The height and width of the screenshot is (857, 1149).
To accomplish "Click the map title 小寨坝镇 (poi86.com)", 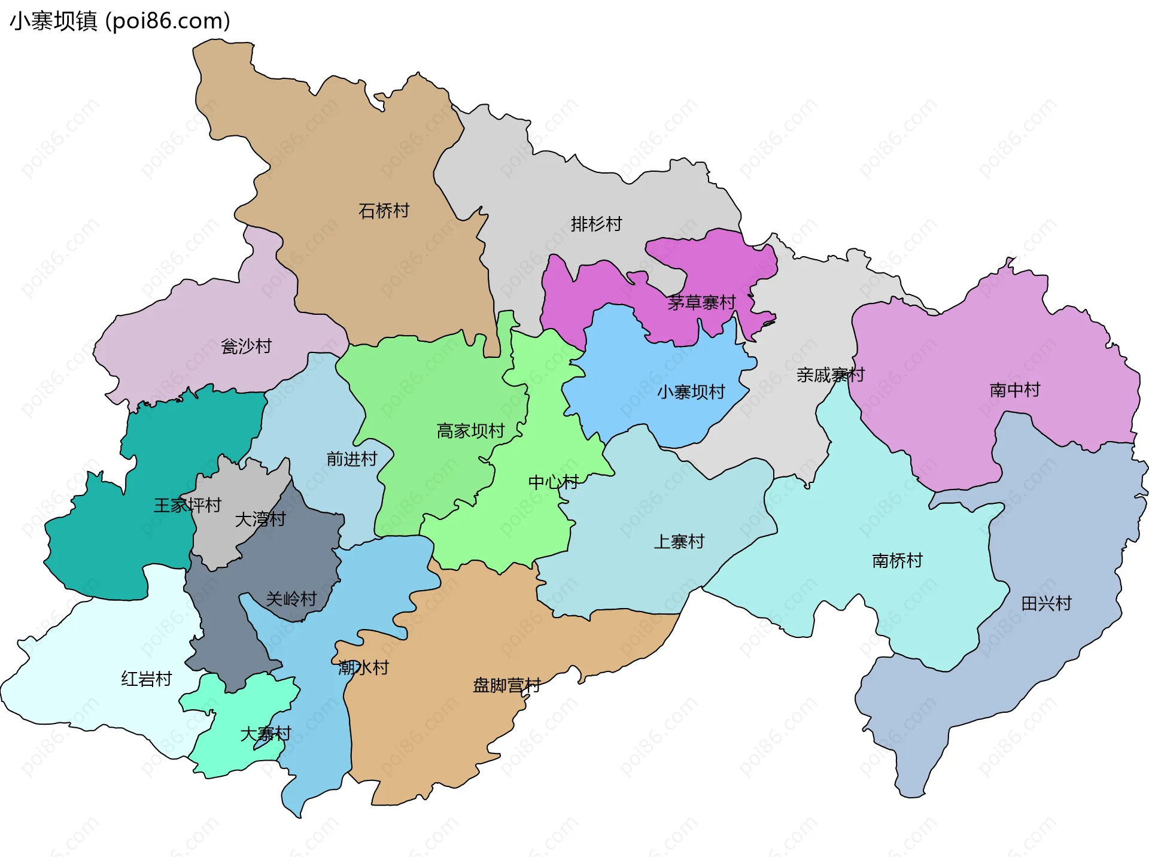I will (120, 21).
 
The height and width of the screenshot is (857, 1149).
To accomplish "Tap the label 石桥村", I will (384, 211).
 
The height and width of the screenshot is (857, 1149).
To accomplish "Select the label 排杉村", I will (596, 224).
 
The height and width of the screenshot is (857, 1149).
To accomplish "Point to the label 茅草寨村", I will (701, 302).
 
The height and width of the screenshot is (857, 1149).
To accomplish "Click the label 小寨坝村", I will (691, 392).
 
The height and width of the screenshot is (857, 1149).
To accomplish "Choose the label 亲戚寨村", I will (831, 375).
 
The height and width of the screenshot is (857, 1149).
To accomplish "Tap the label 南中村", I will (1015, 390).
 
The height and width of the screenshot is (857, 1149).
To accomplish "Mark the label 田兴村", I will (1046, 603).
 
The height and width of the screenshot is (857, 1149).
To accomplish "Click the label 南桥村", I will (897, 561).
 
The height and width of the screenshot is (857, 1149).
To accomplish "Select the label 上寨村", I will (679, 542).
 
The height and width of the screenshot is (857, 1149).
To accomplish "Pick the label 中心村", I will (553, 482).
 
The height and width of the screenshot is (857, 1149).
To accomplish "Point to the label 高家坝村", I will (470, 431).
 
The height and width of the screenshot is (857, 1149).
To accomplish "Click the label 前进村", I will (352, 459).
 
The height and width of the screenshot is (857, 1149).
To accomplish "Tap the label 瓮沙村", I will (246, 346).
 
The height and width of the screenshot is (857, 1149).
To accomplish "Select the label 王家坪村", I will (187, 505).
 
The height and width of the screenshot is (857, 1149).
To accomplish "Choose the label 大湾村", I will (260, 519).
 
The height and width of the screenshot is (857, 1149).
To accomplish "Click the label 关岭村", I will (291, 598).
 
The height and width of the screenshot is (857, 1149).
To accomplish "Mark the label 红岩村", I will (147, 679).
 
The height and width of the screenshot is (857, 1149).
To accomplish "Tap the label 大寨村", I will (266, 734).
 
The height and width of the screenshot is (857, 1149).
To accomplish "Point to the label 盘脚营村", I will (507, 685).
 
